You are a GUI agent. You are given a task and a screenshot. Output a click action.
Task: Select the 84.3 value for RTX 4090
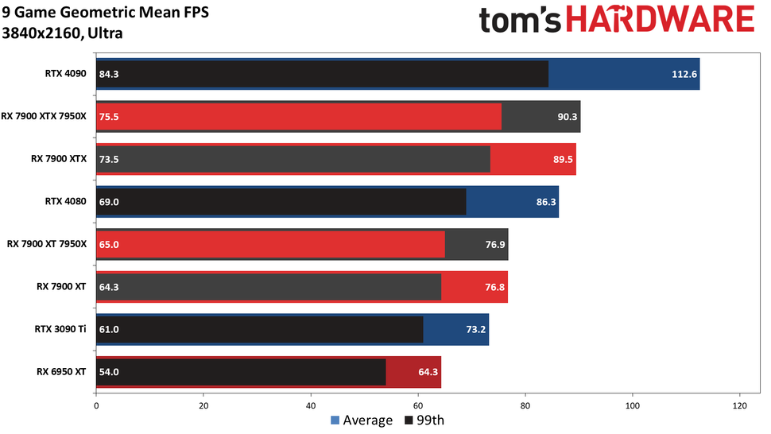pyautogui.click(x=109, y=74)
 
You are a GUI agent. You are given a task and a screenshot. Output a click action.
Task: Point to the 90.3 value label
pyautogui.click(x=565, y=116)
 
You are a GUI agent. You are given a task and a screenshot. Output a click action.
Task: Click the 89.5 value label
pyautogui.click(x=560, y=159)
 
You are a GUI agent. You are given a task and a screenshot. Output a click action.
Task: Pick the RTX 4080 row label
pyautogui.click(x=65, y=202)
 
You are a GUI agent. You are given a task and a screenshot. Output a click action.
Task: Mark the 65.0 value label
pyautogui.click(x=109, y=245)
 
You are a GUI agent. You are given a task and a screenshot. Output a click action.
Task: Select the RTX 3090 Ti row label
pyautogui.click(x=60, y=329)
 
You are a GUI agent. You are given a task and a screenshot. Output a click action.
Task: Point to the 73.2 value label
pyautogui.click(x=474, y=329)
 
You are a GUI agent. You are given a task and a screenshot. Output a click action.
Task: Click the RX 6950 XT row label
pyautogui.click(x=61, y=371)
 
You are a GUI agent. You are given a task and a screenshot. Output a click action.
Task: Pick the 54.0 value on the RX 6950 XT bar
pyautogui.click(x=109, y=371)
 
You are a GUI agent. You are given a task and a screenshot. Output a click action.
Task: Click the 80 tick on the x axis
pyautogui.click(x=525, y=404)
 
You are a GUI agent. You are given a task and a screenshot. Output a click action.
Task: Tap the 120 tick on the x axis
pyautogui.click(x=740, y=404)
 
